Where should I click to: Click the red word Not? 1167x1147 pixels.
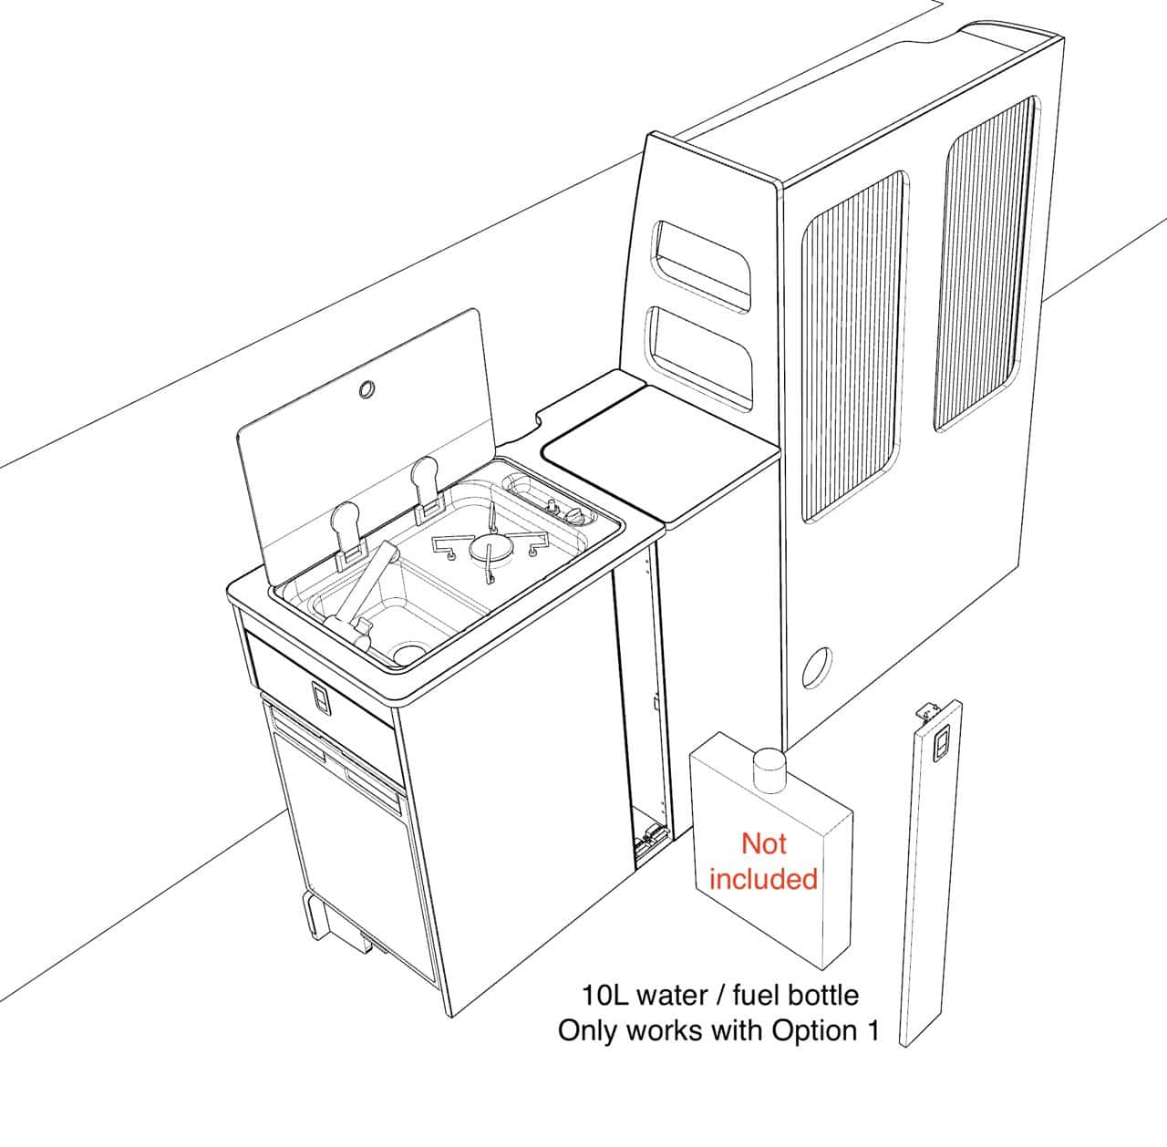click(x=763, y=843)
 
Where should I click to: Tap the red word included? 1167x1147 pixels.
click(x=763, y=879)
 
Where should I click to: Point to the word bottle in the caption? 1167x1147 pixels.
click(x=821, y=993)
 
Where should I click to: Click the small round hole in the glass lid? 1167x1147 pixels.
click(x=367, y=389)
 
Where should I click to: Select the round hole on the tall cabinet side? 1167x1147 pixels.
click(x=818, y=667)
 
